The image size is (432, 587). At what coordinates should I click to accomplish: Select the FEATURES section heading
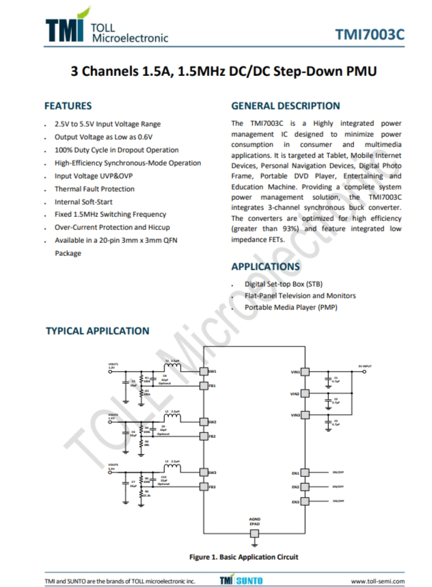pos(68,106)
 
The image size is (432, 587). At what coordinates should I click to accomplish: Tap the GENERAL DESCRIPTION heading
pos(285,106)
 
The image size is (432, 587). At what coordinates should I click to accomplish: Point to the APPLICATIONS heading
pos(265,266)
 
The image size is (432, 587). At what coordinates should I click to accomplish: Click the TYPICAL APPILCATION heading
pos(97,331)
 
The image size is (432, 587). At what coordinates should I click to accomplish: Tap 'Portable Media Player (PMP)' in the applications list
pos(291,308)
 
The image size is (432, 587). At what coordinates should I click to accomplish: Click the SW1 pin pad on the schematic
pos(203,371)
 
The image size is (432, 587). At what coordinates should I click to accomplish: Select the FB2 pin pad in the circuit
pos(203,436)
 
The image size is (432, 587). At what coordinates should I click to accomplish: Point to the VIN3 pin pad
pos(306,415)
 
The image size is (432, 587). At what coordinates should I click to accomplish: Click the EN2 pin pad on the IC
pos(306,487)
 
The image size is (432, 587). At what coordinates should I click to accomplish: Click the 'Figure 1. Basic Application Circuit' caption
pos(243,557)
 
